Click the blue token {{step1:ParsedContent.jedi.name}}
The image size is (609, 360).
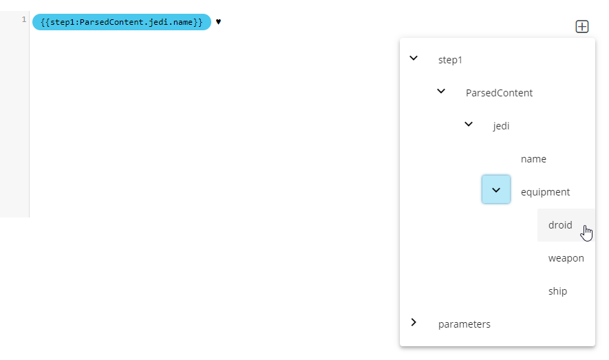point(122,22)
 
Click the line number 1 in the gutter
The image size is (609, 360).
point(24,19)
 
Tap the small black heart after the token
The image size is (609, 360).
point(218,22)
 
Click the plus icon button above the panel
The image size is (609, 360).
point(581,26)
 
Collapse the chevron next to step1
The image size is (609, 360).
point(414,59)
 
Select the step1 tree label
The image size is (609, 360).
point(450,60)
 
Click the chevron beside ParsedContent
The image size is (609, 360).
point(441,92)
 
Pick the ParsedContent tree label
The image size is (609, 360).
point(499,93)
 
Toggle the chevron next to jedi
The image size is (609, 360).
point(469,125)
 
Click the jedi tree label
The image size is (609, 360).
point(501,126)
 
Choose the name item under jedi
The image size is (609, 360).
point(533,159)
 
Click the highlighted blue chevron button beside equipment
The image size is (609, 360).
point(496,189)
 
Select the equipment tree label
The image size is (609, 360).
point(545,192)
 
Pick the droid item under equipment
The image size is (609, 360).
point(560,225)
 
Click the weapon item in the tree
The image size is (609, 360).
point(566,258)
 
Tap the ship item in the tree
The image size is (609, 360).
point(557,291)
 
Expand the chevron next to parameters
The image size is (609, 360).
point(414,322)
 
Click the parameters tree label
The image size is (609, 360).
point(464,324)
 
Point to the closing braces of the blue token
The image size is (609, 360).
point(198,22)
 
